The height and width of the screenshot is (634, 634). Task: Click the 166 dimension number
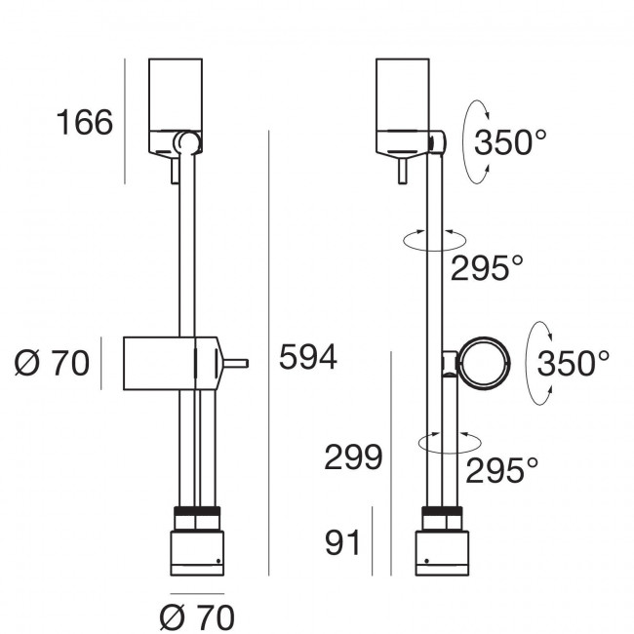point(85,124)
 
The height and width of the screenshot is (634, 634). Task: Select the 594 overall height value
point(307,358)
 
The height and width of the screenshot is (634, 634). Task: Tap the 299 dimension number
point(353,457)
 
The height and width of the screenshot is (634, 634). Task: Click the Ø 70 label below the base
point(196,616)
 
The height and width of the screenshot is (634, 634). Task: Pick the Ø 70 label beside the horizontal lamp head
point(52,364)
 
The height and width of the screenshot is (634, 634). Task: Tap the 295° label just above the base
point(501,471)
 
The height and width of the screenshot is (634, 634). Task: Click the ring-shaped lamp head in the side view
point(484,364)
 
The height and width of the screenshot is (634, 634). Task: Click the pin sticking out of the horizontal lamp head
point(236,364)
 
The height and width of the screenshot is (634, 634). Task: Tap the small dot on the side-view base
point(424,561)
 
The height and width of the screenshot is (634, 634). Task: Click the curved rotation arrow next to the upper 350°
point(471,141)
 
